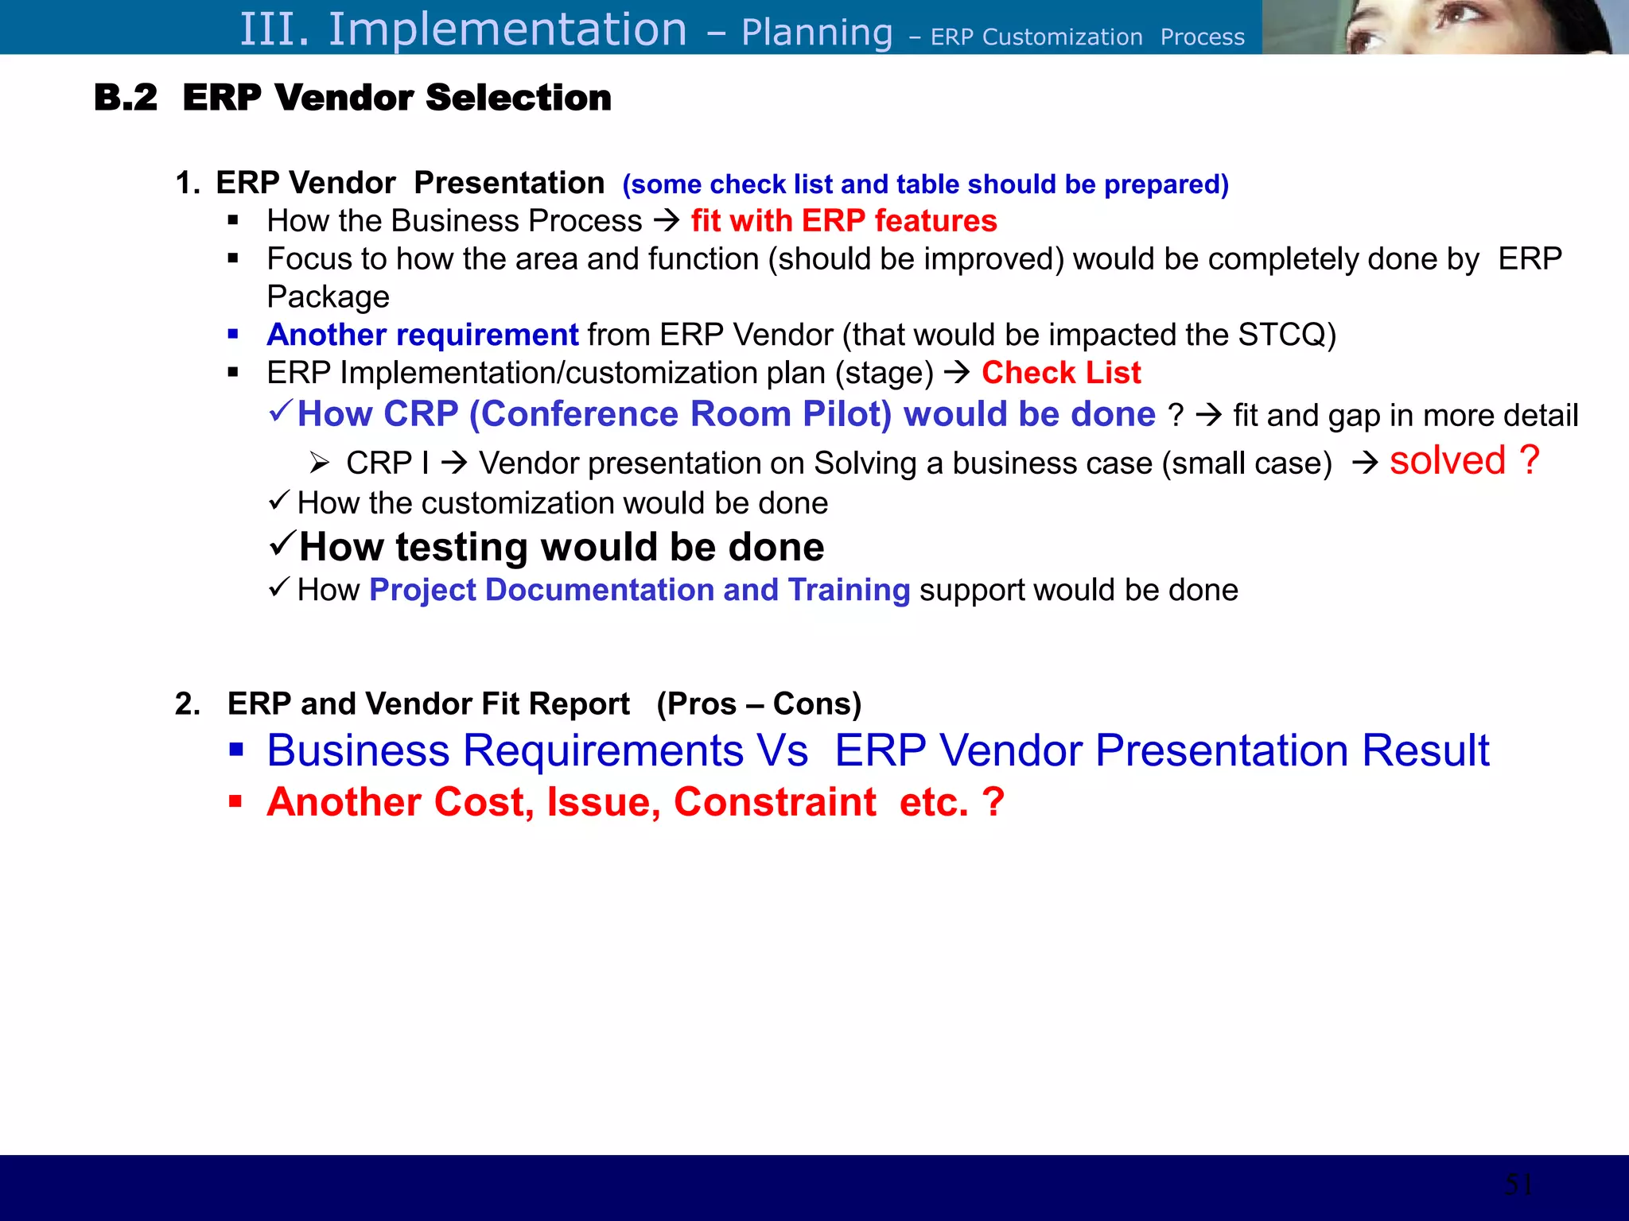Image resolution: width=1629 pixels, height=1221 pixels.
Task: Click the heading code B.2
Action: coord(126,98)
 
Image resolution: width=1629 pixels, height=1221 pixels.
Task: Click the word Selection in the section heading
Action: coord(518,98)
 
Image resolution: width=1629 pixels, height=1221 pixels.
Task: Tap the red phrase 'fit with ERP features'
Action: coord(843,221)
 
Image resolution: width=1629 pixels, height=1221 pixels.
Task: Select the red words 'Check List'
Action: coord(1060,373)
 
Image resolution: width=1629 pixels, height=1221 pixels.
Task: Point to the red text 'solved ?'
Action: coord(1464,460)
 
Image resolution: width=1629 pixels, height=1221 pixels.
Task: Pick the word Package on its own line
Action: coord(328,297)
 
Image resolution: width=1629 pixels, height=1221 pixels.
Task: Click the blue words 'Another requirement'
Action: coord(422,335)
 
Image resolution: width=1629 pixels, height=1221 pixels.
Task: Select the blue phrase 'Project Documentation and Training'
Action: coord(640,590)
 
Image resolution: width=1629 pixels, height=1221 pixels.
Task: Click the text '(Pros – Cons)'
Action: coord(758,704)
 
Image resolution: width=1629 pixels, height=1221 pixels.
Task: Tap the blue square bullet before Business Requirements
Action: coord(235,749)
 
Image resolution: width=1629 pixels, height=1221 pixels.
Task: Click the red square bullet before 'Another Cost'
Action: coord(235,800)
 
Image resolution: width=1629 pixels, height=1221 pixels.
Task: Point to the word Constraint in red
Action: coord(774,801)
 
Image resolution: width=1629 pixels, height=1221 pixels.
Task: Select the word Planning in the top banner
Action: coord(816,33)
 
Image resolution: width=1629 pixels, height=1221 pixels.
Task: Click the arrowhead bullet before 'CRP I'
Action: coord(320,462)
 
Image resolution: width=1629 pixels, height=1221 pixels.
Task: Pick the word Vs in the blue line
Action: coord(782,750)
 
